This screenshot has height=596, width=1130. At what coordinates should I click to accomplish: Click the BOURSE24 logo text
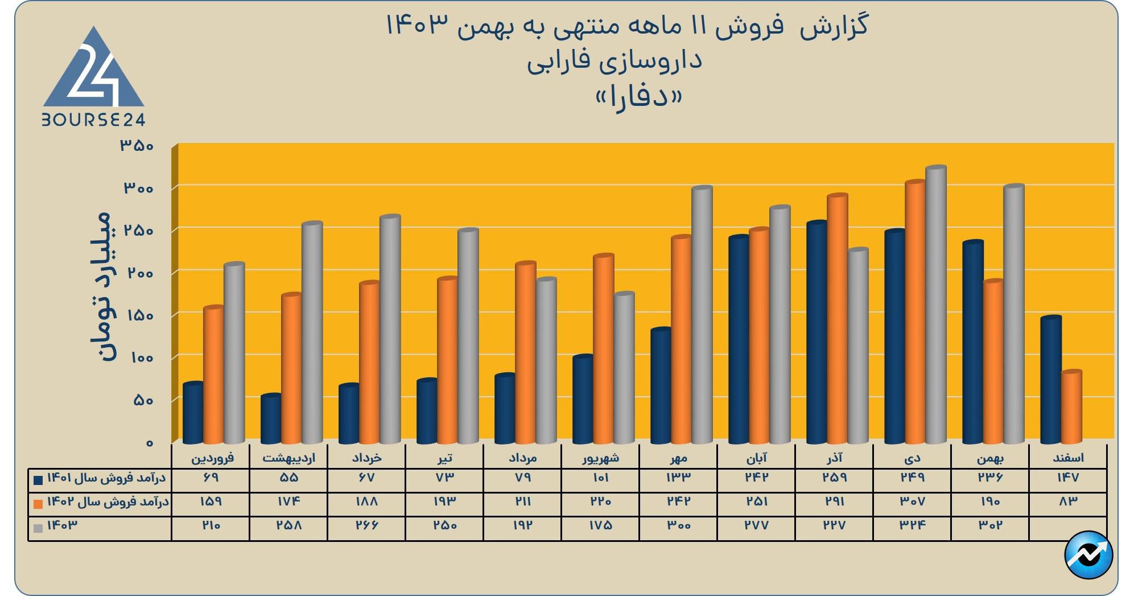click(x=93, y=120)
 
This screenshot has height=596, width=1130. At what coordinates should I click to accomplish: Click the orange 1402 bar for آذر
click(x=837, y=319)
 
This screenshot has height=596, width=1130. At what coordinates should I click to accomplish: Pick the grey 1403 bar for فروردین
click(x=234, y=353)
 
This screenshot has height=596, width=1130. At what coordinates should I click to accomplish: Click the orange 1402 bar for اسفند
click(x=1071, y=407)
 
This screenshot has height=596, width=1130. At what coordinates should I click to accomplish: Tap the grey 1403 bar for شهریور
click(x=624, y=368)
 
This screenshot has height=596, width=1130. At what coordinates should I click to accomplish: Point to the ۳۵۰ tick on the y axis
click(x=137, y=146)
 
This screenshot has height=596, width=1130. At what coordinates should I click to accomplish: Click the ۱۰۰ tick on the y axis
click(x=137, y=358)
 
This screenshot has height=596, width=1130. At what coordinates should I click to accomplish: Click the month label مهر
click(x=678, y=458)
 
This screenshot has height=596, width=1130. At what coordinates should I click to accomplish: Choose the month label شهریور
click(x=600, y=458)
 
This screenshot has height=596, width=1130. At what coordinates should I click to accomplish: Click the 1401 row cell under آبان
click(x=757, y=478)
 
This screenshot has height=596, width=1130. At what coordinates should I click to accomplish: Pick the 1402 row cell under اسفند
click(x=1068, y=502)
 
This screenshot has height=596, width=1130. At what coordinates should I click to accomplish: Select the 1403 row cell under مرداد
click(x=522, y=525)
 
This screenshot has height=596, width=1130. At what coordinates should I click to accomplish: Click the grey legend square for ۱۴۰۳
click(x=38, y=528)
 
